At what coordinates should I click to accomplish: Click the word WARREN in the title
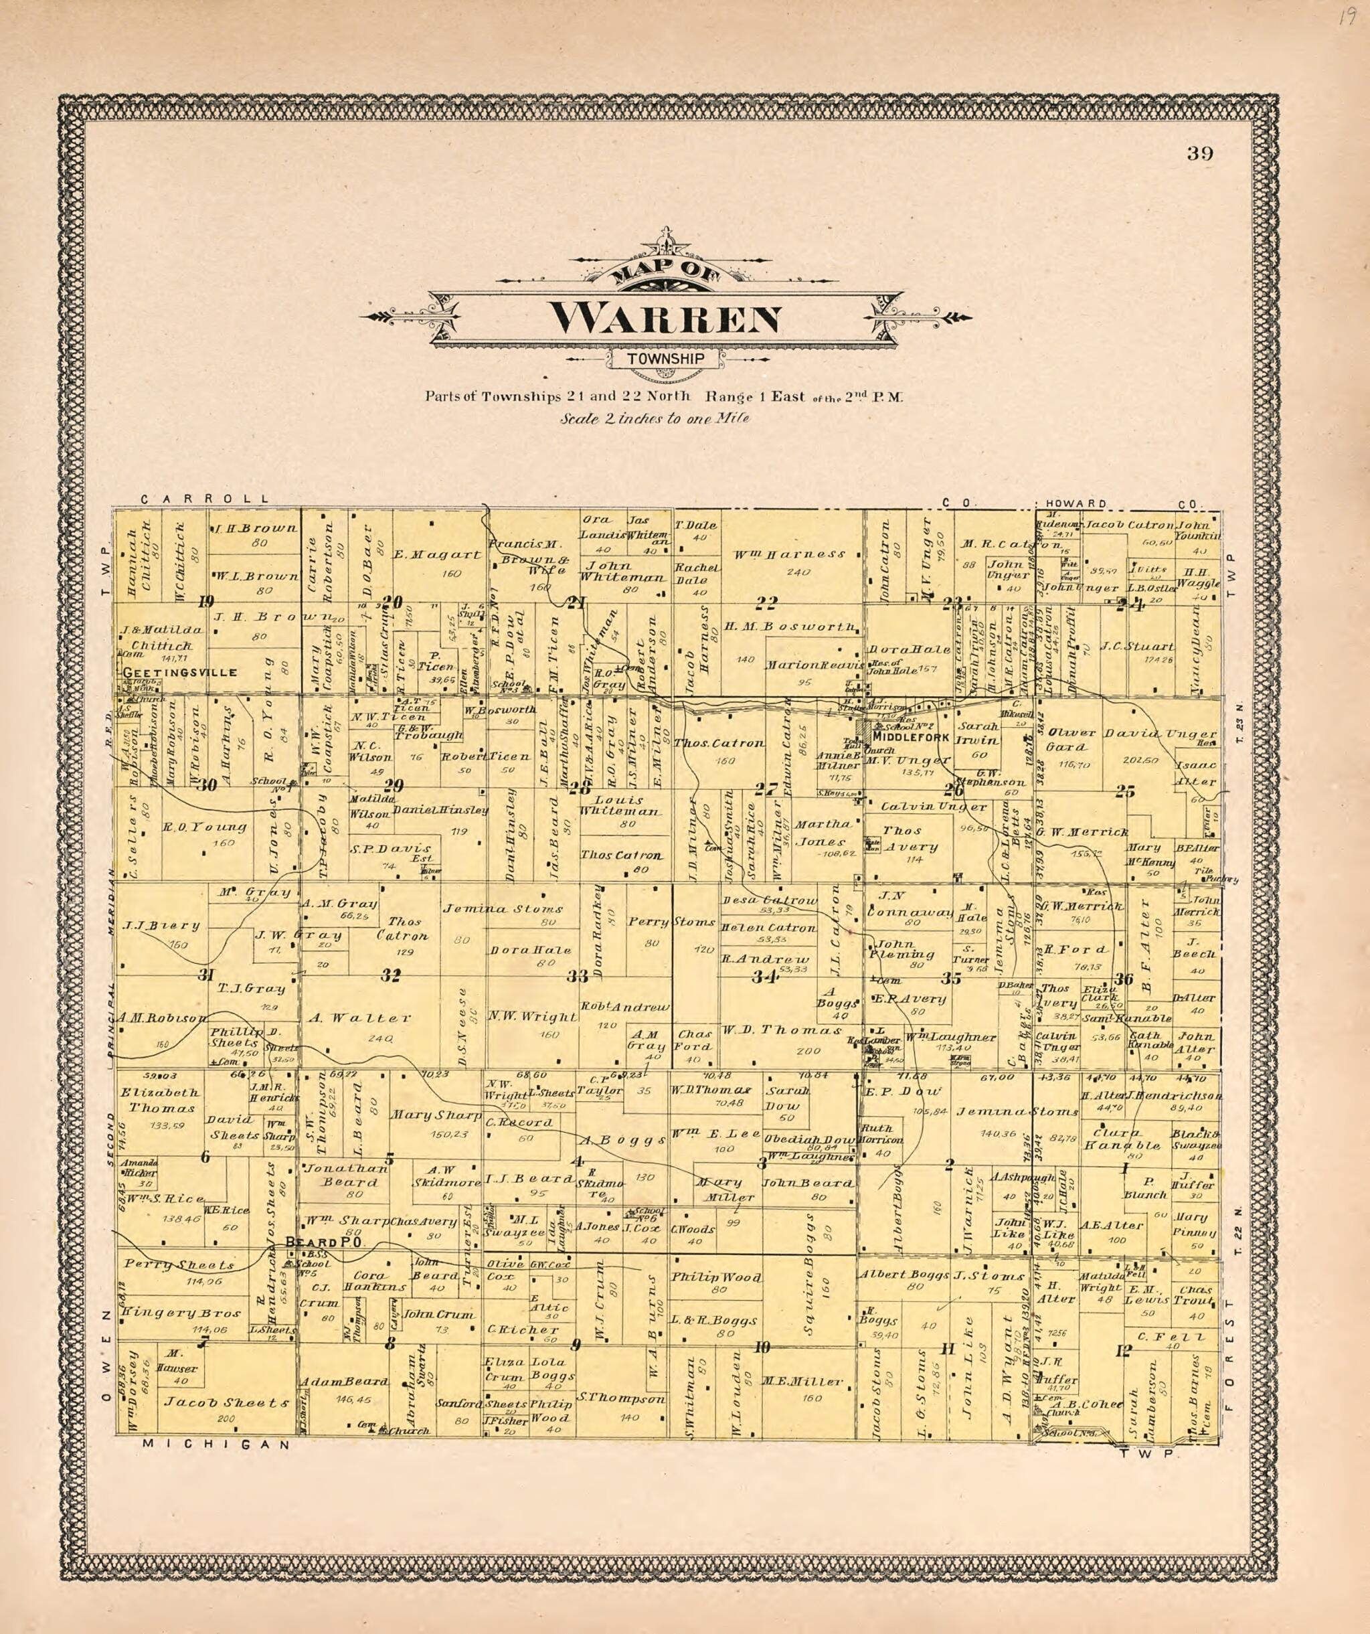point(665,318)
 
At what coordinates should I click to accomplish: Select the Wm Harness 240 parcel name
point(789,554)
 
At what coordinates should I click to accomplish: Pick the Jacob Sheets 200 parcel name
point(226,1402)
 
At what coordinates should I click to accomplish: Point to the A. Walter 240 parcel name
point(359,1017)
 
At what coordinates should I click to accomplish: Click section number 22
point(767,602)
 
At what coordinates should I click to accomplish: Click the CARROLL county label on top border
point(205,499)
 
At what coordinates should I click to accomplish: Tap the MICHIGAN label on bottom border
point(216,1444)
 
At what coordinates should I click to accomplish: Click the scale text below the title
point(655,418)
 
